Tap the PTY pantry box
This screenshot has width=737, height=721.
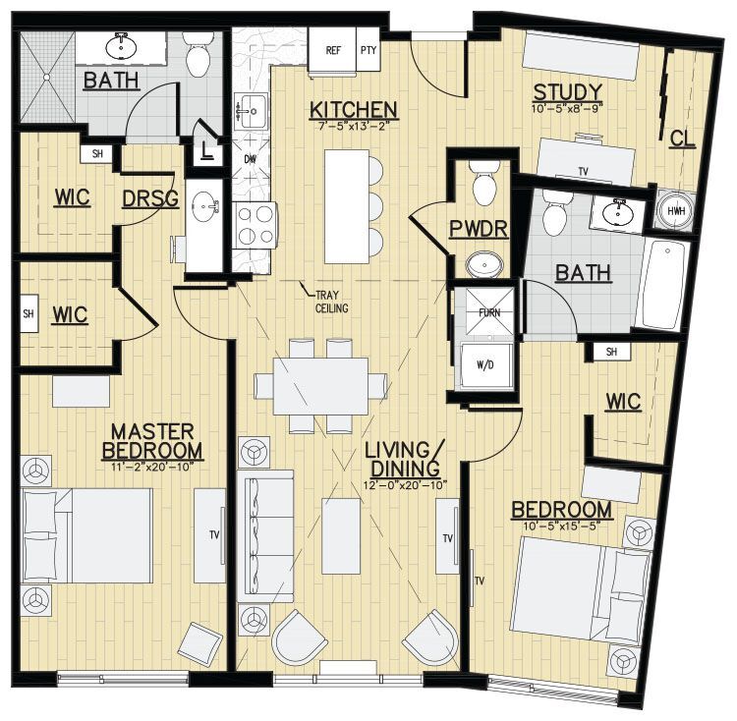click(x=368, y=49)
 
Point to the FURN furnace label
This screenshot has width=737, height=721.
click(x=488, y=313)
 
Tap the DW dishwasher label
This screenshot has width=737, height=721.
click(x=250, y=158)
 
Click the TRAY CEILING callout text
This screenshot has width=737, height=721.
click(x=330, y=301)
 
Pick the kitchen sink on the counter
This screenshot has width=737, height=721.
click(x=253, y=109)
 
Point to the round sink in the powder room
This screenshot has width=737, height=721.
click(x=482, y=263)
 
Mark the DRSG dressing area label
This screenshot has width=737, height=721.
click(x=149, y=199)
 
